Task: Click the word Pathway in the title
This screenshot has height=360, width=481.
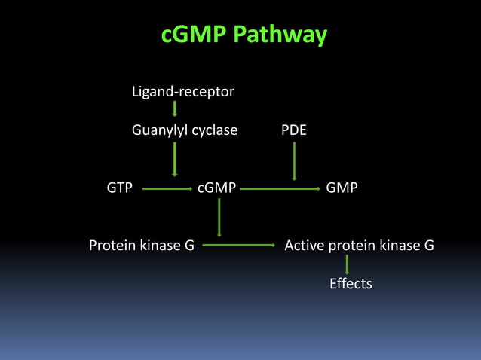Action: tap(280, 35)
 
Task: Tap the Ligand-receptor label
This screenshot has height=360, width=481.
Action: tap(182, 92)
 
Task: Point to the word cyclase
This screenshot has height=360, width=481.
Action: tap(214, 130)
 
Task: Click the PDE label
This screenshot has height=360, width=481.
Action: tap(293, 130)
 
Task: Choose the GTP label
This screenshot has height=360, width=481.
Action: tap(119, 188)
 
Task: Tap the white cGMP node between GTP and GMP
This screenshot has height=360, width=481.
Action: tap(216, 188)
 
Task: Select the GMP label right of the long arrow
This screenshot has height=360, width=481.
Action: tap(342, 188)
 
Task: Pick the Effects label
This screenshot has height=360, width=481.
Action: tap(351, 284)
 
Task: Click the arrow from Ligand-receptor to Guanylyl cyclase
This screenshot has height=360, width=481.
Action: tap(175, 110)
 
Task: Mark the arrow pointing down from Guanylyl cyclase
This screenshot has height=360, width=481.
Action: tap(175, 159)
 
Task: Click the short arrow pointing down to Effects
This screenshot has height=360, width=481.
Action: tap(347, 264)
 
